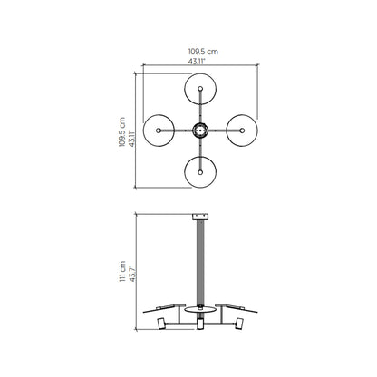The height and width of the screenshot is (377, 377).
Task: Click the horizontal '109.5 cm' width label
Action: tap(200, 53)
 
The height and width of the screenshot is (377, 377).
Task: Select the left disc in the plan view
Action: tap(159, 130)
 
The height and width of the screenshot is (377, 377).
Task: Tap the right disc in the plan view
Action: tap(240, 130)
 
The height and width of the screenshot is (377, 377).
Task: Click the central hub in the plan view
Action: tap(199, 130)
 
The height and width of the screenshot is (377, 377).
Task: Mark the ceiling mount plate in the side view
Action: tap(199, 217)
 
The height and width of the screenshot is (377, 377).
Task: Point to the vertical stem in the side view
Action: tap(199, 263)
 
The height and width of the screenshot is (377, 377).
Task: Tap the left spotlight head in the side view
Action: tap(162, 324)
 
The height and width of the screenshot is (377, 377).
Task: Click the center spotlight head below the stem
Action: tap(199, 324)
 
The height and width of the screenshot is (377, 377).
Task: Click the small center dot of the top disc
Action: tap(199, 90)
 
